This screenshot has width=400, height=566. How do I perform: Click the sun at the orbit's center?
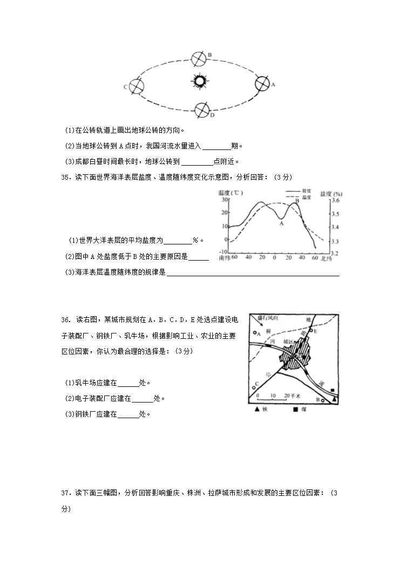tap(199, 81)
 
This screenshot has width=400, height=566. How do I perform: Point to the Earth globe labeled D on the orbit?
tap(202, 110)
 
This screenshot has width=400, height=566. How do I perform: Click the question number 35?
tap(66, 176)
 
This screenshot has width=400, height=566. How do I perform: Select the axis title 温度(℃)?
tap(231, 193)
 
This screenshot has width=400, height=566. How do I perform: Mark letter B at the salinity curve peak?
tap(296, 201)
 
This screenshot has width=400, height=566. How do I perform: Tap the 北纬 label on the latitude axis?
tap(327, 258)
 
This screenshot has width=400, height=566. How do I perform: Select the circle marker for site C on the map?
tap(254, 387)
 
